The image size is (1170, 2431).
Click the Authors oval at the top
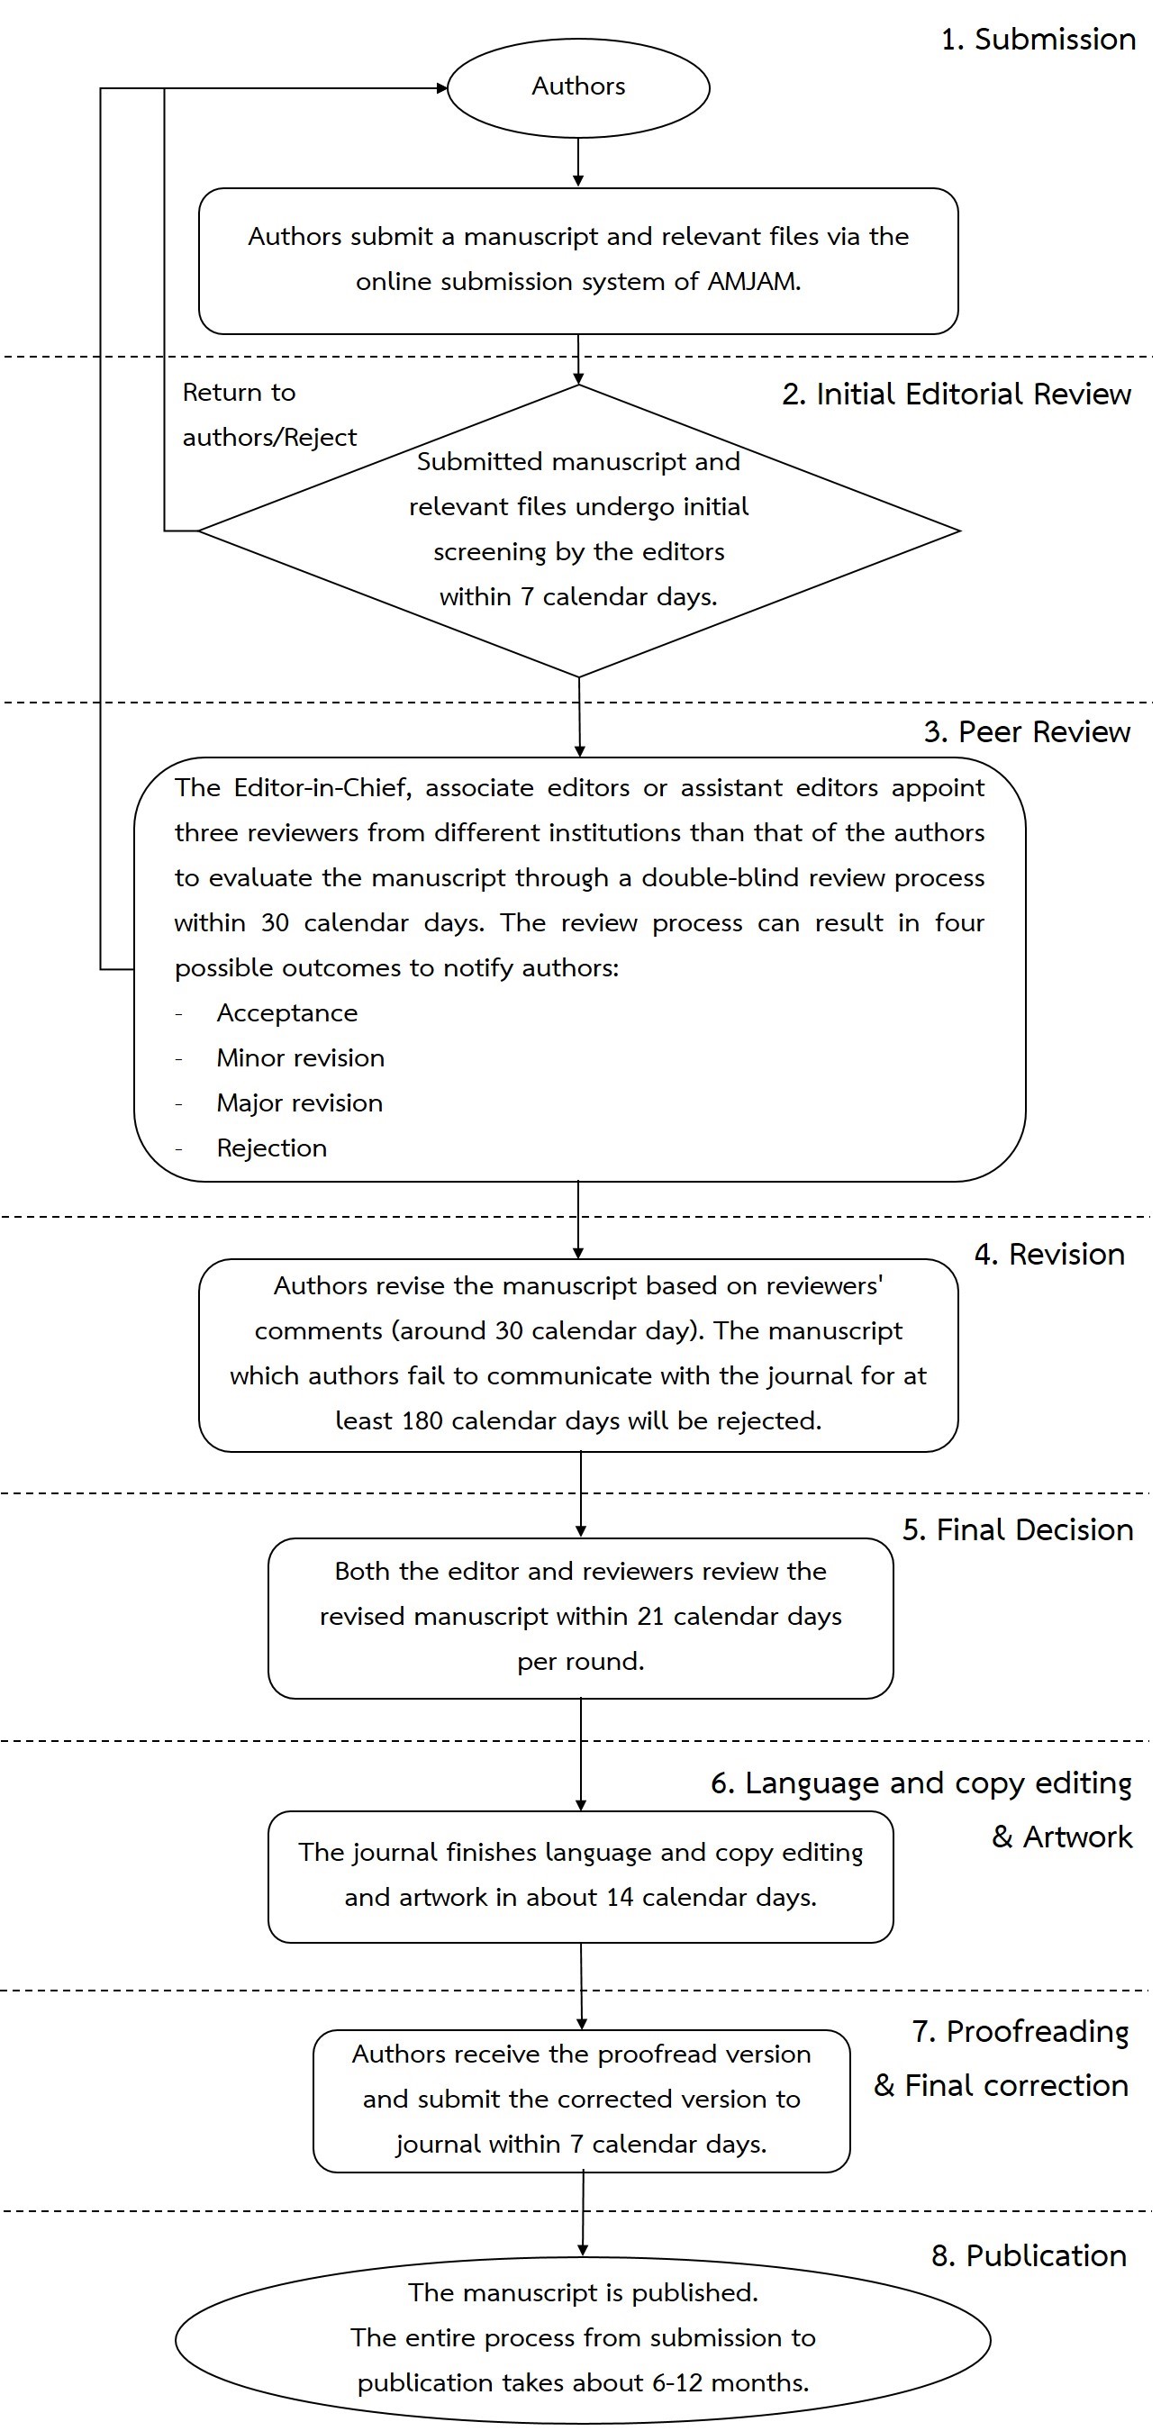click(578, 87)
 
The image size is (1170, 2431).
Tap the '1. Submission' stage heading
click(1038, 40)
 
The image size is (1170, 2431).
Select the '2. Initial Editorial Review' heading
click(956, 394)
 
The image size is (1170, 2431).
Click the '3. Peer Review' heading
click(1027, 731)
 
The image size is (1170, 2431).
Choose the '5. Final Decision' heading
click(1017, 1529)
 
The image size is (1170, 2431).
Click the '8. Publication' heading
click(1029, 2255)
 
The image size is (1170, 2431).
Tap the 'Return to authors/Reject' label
click(269, 414)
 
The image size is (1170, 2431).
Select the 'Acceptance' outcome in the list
click(286, 1012)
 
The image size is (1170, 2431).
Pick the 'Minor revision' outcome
click(300, 1058)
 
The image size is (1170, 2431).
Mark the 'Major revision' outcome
click(299, 1103)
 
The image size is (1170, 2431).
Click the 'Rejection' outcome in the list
click(272, 1148)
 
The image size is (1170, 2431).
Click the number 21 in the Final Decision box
click(651, 1617)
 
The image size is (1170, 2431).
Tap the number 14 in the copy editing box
click(620, 1898)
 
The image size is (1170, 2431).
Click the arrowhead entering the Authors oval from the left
click(441, 88)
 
